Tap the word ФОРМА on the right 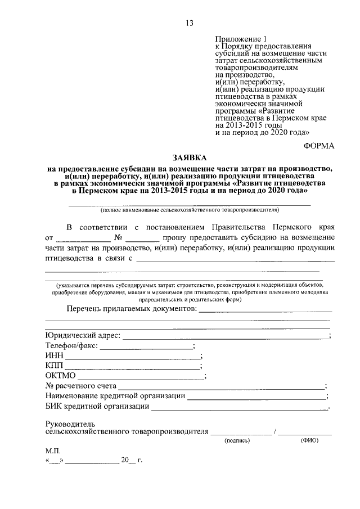(x=319, y=145)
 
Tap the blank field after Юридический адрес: (x=226, y=336)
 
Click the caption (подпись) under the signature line (x=237, y=442)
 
